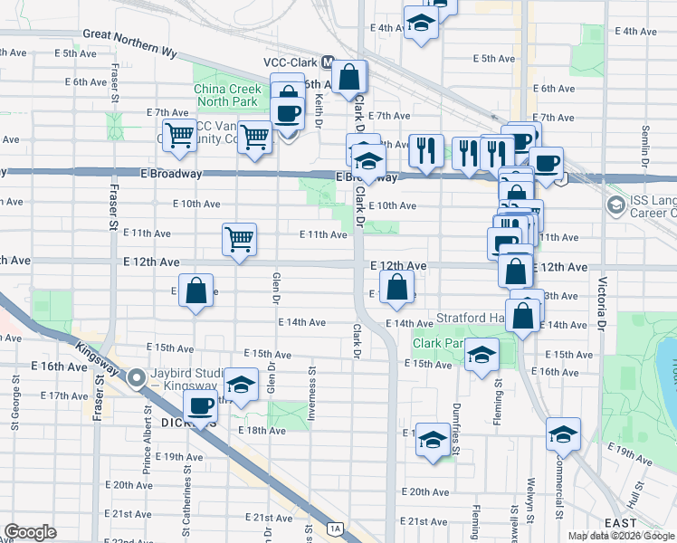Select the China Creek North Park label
225,96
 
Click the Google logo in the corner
30,532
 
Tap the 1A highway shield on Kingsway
337,529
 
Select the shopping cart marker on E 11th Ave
240,240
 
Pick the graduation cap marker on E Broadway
369,162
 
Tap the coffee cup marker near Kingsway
201,405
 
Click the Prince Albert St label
147,442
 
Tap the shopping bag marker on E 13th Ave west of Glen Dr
195,291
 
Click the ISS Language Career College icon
616,205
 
